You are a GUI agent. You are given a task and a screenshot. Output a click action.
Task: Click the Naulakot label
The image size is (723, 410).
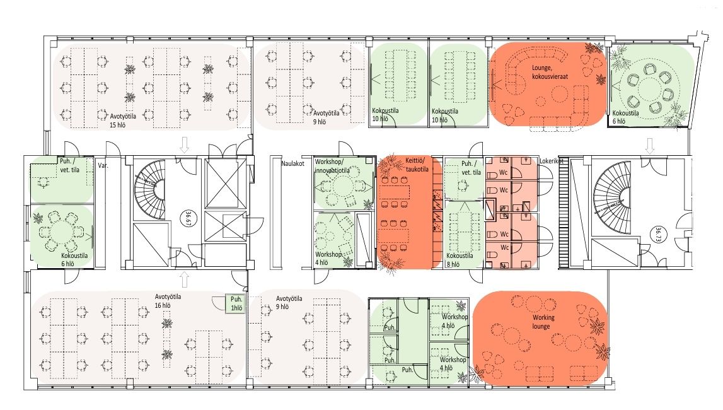pos(293,163)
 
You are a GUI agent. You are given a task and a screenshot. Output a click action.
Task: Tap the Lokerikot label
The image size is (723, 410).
pos(552,161)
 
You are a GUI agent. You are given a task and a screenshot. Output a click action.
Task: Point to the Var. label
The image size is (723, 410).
pos(103,165)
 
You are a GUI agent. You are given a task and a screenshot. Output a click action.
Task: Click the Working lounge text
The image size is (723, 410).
pos(543,322)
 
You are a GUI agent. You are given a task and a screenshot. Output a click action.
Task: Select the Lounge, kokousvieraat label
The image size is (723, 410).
pos(550,73)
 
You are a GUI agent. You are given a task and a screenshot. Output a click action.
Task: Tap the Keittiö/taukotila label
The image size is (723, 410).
pos(417,165)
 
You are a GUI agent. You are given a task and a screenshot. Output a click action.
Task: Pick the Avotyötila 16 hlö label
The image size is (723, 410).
pos(168,301)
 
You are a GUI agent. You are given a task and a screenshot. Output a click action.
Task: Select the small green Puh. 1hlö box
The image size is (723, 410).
pos(236,304)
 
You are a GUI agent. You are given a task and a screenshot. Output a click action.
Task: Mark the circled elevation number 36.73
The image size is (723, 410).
pos(657,234)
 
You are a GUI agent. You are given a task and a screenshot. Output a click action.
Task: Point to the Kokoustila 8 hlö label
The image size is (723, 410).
pos(460,260)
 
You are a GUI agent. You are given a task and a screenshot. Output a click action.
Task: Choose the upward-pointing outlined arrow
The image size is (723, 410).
pos(185,279)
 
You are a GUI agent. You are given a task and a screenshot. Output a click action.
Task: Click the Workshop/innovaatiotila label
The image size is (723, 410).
pos(332,166)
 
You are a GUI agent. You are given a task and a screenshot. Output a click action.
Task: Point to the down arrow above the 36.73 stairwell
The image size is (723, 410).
pos(650,146)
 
